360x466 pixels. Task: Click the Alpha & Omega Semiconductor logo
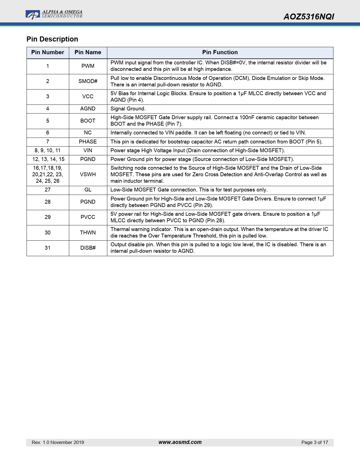point(54,14)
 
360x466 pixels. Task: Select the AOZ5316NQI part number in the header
point(309,17)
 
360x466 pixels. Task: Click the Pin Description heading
point(52,39)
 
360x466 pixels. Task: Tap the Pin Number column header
point(48,53)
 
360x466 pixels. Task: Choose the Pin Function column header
point(220,53)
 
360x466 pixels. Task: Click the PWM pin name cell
point(88,66)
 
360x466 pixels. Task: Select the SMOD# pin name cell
point(88,81)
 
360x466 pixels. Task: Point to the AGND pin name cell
point(88,109)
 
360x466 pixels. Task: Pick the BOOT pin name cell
point(88,121)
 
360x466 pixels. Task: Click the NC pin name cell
point(88,133)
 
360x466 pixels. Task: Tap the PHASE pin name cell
point(88,142)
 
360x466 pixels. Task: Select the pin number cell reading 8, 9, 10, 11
point(48,151)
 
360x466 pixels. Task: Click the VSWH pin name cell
point(88,175)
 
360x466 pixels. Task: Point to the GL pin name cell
point(88,190)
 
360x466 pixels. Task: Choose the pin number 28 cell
point(48,202)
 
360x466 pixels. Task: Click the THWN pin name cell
point(88,233)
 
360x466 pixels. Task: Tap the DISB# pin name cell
point(88,248)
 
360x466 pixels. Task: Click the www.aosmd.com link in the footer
point(180,442)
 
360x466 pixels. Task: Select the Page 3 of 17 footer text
point(315,443)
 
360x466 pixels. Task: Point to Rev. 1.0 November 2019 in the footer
point(58,443)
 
